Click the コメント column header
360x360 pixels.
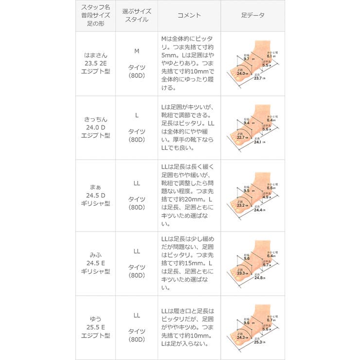point(189,16)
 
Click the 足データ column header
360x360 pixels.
point(253,16)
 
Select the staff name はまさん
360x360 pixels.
point(95,54)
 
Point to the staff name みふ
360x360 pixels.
point(95,255)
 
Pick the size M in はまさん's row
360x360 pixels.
point(137,51)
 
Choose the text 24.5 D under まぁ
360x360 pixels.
point(95,196)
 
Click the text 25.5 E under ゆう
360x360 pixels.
point(95,327)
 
